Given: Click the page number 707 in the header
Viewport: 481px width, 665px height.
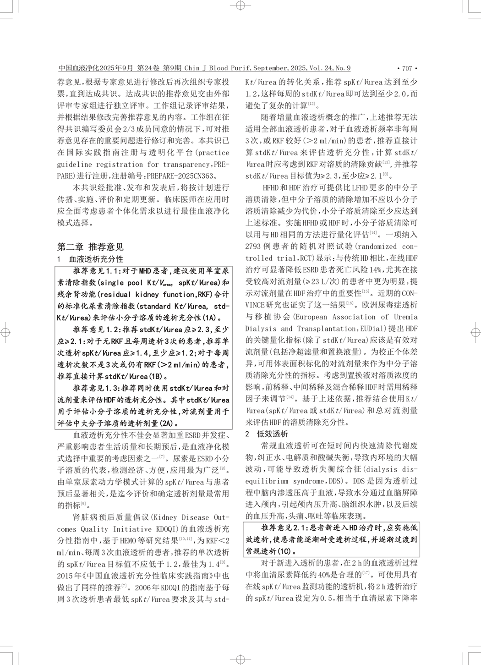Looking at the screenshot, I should click(407, 69).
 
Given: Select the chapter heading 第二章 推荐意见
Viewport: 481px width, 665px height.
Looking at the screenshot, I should click(90, 247).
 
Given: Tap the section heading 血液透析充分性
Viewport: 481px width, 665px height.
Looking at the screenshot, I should click(96, 259).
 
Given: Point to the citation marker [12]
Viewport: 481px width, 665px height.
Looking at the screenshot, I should click(311, 104).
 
